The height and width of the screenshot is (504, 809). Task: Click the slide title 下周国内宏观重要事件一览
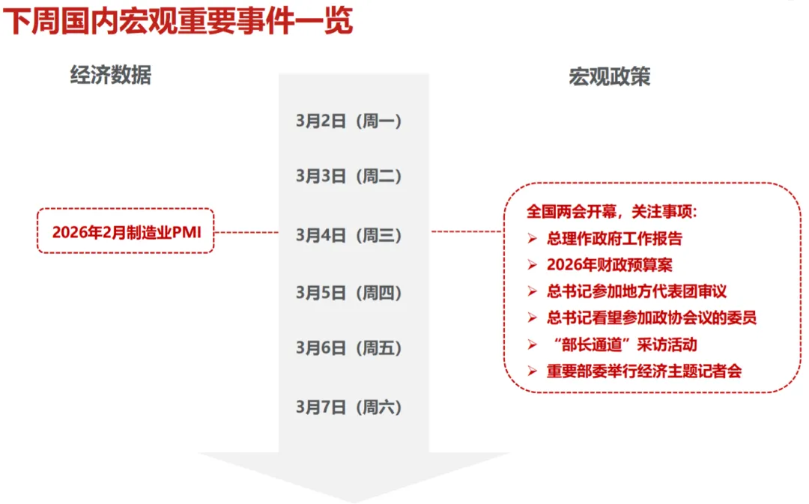coord(178,21)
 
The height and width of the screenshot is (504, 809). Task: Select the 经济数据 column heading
coord(111,76)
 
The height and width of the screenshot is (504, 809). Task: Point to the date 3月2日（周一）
coord(349,120)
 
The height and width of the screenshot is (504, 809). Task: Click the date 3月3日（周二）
coord(349,176)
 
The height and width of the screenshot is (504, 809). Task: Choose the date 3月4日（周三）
coord(349,235)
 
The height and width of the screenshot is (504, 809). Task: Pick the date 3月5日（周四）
coord(349,292)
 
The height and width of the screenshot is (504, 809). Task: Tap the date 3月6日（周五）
coord(349,347)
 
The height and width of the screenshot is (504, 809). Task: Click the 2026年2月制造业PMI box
coord(126,231)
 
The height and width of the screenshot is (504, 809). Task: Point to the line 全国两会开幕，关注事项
coord(611,212)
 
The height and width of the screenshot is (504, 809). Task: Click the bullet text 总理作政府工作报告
coord(614,239)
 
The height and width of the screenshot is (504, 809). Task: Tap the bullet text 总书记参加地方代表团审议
coord(637,291)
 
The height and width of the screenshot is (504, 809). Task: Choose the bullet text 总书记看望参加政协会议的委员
coord(652,317)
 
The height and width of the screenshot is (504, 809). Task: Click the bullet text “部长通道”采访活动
coord(622,344)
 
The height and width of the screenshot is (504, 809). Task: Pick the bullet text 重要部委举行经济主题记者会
coord(644,370)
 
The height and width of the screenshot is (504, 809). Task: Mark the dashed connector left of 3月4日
coord(246,232)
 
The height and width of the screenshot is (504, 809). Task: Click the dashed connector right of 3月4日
coord(466,231)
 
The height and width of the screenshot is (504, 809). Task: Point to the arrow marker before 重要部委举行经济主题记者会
coord(533,370)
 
